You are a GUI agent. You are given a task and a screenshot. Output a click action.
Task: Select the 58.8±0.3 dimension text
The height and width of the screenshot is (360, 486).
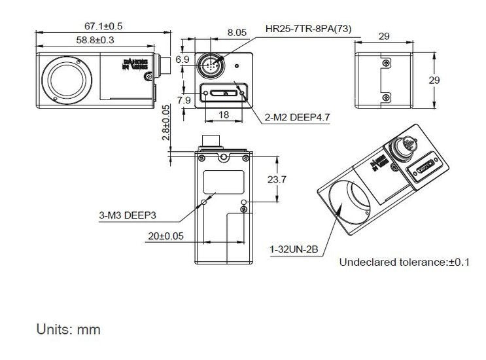pyautogui.click(x=95, y=40)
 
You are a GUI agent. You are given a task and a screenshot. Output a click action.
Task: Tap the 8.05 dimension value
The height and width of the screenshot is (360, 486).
pyautogui.click(x=236, y=31)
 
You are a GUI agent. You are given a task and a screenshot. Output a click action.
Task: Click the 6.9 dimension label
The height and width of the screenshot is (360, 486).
pyautogui.click(x=182, y=60)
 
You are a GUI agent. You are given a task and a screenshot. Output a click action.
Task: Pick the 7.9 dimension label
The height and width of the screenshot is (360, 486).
pyautogui.click(x=183, y=100)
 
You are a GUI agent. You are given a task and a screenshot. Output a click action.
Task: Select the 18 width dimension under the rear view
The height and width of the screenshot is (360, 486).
pyautogui.click(x=222, y=115)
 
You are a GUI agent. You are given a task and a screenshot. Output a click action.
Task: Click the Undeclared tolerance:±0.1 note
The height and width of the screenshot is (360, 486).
pyautogui.click(x=404, y=262)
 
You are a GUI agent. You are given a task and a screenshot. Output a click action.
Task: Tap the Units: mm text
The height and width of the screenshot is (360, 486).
pyautogui.click(x=69, y=329)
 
